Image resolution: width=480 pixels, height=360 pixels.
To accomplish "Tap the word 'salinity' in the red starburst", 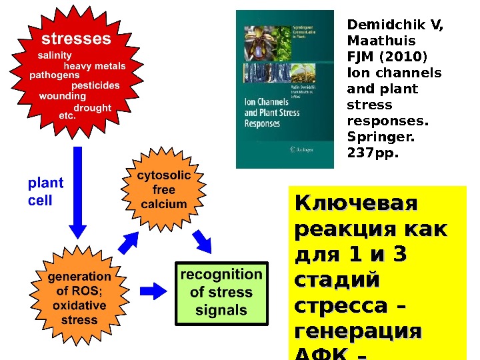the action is coord(55,55).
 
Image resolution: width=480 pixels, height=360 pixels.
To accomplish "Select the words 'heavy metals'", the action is coord(94,66).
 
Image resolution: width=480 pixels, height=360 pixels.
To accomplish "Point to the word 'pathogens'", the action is coord(55,75).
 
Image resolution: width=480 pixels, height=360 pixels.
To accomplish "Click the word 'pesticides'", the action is coord(95,85).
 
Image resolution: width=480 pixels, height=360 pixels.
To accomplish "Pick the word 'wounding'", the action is coord(63,96).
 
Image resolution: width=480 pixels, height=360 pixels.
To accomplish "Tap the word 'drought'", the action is coord(92,107).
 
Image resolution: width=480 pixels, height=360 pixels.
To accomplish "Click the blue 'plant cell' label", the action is coord(45,191).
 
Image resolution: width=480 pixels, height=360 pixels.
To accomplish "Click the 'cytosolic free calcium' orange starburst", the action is coord(164,190).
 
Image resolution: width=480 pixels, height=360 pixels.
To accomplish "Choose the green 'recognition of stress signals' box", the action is coord(221,293).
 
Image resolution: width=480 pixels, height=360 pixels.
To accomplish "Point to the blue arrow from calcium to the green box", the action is coord(201,242).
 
